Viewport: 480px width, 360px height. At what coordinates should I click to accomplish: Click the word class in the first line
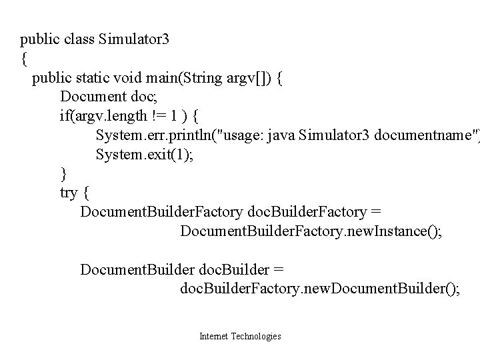80,39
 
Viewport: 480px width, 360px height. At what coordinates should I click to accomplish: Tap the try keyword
68,194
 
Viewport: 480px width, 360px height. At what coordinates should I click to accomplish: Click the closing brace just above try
63,175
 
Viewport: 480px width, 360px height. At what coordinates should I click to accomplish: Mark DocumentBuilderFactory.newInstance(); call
310,232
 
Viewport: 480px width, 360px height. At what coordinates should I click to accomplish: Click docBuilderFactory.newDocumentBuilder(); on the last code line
319,290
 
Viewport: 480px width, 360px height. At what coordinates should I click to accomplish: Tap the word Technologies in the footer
255,337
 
